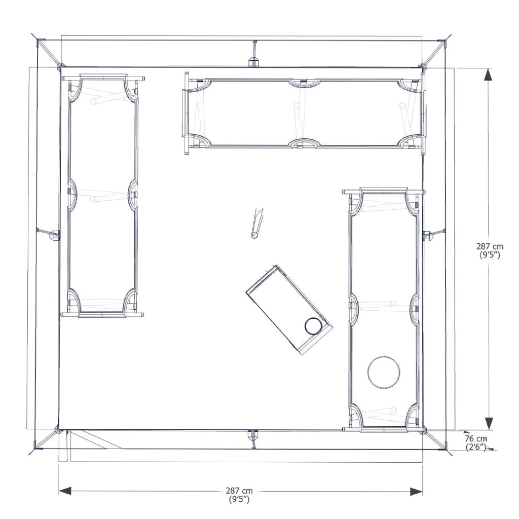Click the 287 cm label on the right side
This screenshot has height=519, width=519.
pos(490,246)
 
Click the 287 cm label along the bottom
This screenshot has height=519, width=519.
pos(239,491)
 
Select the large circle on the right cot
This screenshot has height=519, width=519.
pos(384,373)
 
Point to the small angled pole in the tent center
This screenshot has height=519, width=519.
pos(257,223)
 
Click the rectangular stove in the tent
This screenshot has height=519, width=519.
pos(289,309)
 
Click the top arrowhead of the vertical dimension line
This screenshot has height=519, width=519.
pos(488,75)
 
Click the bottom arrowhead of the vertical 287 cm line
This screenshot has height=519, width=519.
pos(488,423)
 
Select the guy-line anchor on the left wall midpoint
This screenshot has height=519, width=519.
pos(54,235)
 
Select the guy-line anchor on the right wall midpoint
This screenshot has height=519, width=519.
pos(428,235)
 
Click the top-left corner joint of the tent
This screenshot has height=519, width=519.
pos(60,66)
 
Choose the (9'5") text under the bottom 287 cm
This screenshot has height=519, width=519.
pos(239,499)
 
